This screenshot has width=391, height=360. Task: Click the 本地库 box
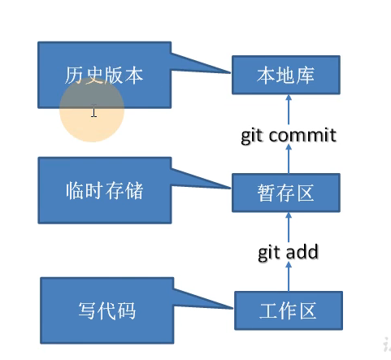[x=285, y=76]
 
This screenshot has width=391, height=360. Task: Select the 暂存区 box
[x=285, y=193]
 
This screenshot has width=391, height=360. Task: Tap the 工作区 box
[x=287, y=310]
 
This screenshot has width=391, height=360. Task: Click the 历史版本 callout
[x=103, y=76]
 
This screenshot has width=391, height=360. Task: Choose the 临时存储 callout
[x=103, y=190]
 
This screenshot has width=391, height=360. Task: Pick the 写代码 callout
[x=106, y=310]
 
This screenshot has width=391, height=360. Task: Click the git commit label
[x=288, y=135]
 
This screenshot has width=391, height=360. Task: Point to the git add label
[x=288, y=252]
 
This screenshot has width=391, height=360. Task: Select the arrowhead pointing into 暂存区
[x=286, y=216]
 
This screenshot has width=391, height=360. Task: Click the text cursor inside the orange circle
[x=94, y=112]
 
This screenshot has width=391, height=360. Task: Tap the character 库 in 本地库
[x=305, y=76]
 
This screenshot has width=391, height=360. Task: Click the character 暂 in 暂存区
[x=267, y=193]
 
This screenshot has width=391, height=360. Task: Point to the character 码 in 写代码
[x=126, y=310]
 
